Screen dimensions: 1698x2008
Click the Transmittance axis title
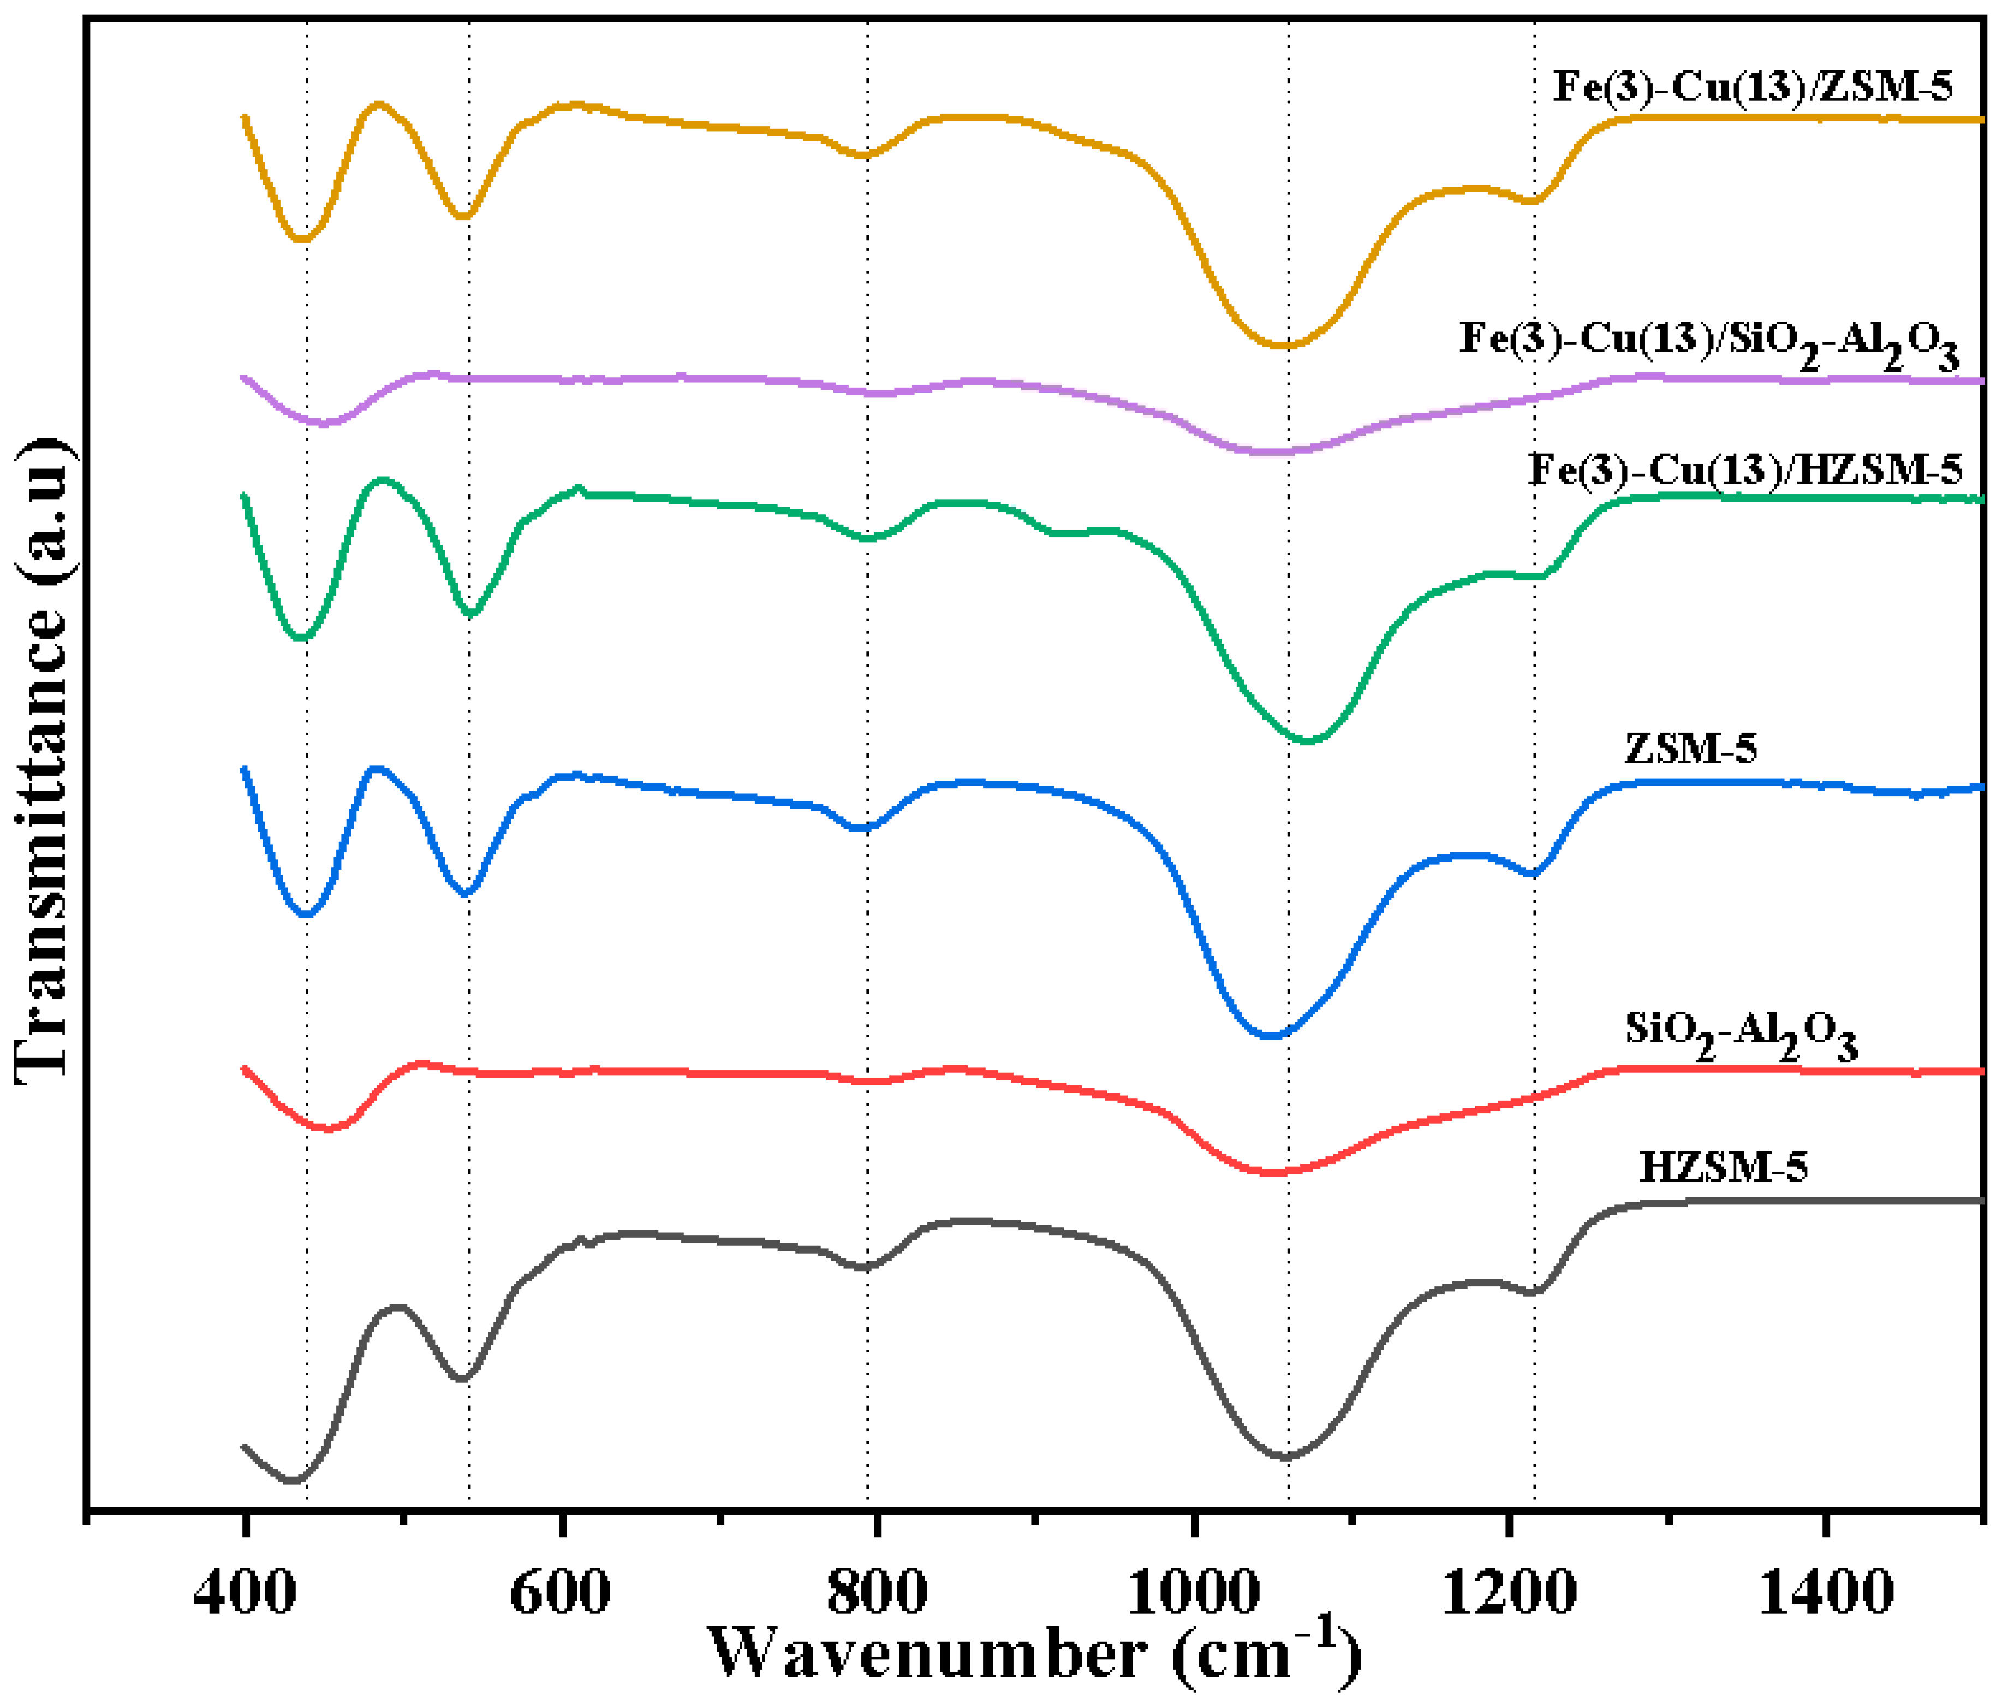tap(43, 761)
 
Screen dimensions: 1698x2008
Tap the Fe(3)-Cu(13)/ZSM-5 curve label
tap(1753, 87)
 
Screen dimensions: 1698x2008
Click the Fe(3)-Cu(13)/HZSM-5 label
tap(1745, 470)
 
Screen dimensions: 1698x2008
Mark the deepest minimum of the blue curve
tap(1271, 1036)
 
